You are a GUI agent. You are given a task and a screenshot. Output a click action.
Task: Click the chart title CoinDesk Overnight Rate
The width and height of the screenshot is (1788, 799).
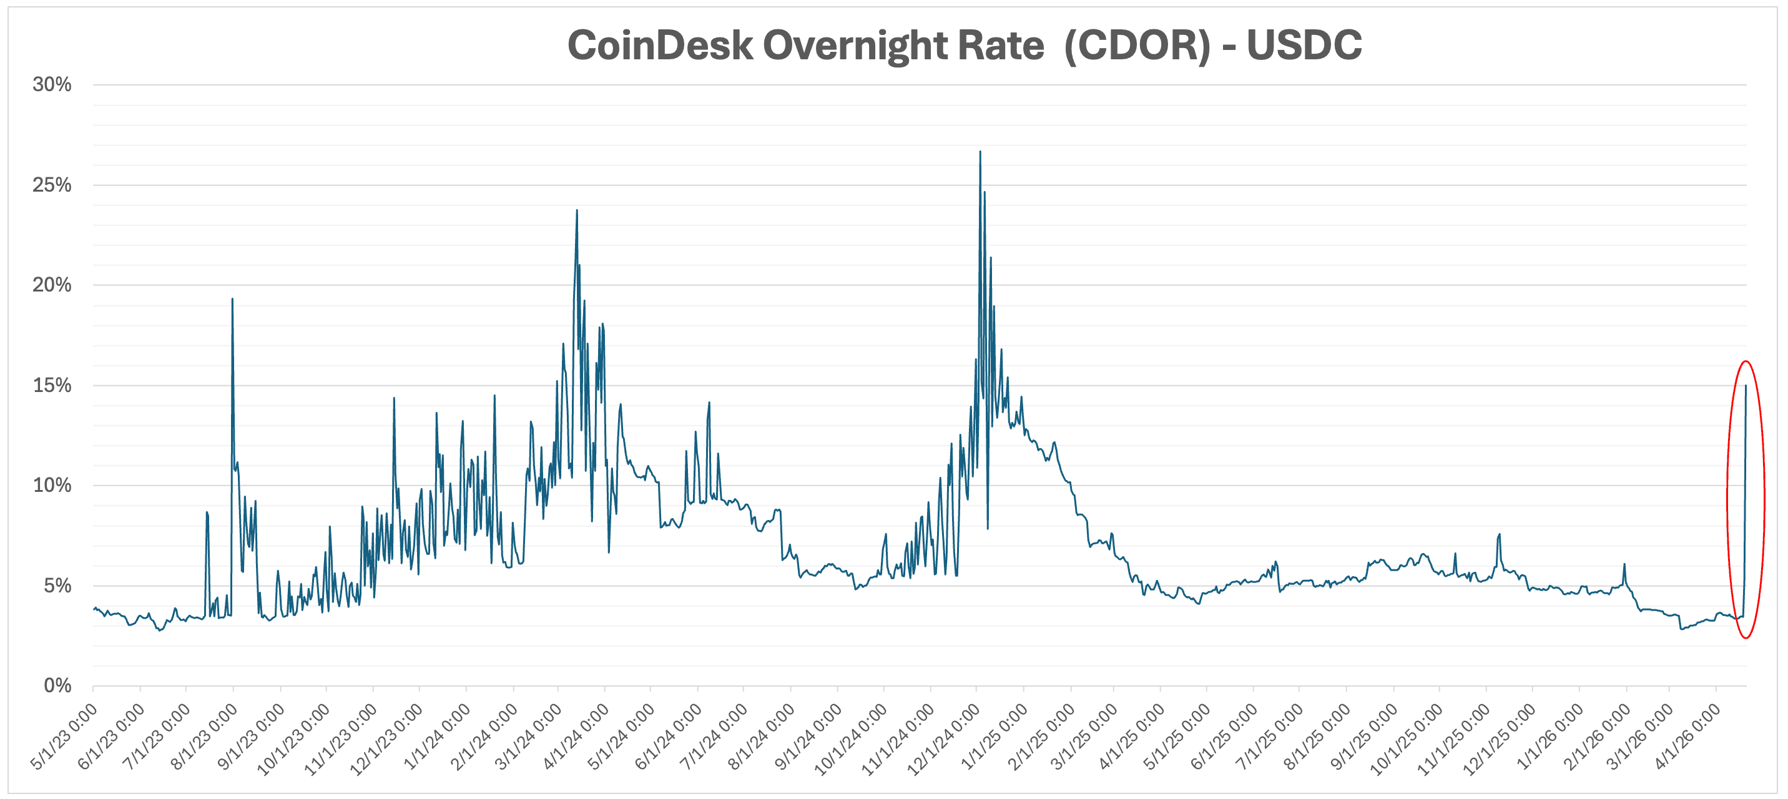pos(805,46)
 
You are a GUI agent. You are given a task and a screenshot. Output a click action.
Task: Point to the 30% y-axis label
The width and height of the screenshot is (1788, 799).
pos(52,85)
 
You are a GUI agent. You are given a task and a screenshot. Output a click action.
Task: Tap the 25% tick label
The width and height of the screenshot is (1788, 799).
pos(52,185)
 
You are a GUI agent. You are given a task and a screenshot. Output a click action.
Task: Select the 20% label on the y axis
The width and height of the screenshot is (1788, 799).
pos(52,285)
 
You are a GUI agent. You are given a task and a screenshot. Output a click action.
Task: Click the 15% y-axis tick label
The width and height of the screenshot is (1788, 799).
pos(52,385)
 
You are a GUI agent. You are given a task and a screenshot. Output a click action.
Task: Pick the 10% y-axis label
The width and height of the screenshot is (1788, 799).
pos(52,485)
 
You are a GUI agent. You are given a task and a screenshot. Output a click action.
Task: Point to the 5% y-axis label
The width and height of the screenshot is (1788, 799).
pos(57,585)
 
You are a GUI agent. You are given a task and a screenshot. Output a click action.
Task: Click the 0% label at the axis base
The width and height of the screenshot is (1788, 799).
pos(57,686)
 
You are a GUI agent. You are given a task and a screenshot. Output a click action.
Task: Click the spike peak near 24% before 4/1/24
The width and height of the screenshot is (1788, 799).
pos(577,211)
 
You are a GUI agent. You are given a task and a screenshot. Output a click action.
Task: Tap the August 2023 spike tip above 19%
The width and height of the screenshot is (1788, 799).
pos(232,299)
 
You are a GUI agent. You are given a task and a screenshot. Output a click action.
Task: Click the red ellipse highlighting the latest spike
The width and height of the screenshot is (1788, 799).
pos(1763,500)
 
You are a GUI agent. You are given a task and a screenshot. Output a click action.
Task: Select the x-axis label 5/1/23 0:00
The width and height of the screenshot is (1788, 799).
pos(64,737)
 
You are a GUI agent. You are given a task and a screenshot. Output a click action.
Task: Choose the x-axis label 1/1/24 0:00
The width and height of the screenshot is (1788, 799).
pos(437,737)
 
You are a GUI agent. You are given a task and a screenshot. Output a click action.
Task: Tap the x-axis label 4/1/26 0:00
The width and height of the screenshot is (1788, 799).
pos(1688,737)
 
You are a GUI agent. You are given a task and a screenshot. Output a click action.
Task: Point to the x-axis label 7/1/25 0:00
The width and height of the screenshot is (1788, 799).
pos(1270,737)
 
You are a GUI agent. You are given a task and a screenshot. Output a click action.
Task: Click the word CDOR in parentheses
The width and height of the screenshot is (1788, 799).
pos(1137,46)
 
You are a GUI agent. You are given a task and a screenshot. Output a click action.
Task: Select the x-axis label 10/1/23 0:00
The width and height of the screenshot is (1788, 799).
pos(293,738)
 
